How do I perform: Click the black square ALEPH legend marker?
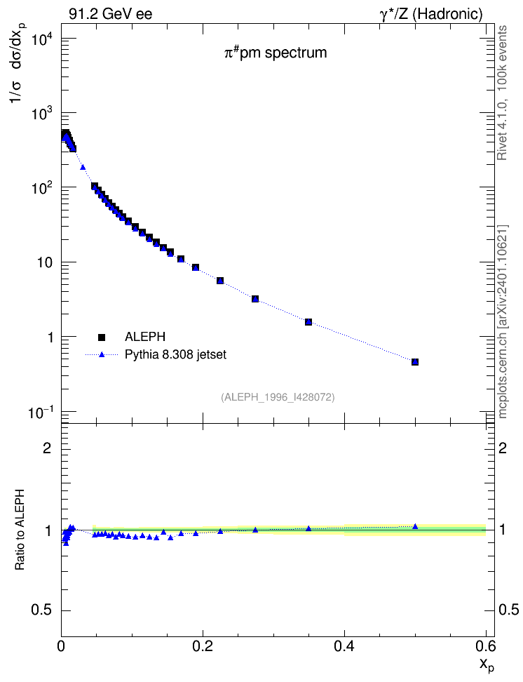pos(102,337)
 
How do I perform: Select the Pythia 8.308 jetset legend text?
pos(176,354)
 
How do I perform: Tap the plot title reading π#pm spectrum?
pos(276,53)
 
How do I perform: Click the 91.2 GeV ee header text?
pos(111,14)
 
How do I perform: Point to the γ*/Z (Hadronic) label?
pos(431,14)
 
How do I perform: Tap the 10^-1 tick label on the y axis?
pos(43,411)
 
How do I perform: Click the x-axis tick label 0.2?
pos(203,646)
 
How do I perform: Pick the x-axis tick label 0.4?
pos(344,646)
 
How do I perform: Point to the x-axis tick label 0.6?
pos(485,646)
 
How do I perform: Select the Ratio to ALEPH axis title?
pos(20,529)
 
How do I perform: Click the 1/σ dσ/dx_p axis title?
pos(18,62)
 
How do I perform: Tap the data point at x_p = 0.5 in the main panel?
pos(415,362)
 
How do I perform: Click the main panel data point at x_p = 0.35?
pos(308,322)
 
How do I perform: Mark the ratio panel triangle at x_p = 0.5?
pos(415,526)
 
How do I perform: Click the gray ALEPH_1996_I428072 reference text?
pos(278,397)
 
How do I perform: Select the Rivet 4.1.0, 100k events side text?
pos(502,93)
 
